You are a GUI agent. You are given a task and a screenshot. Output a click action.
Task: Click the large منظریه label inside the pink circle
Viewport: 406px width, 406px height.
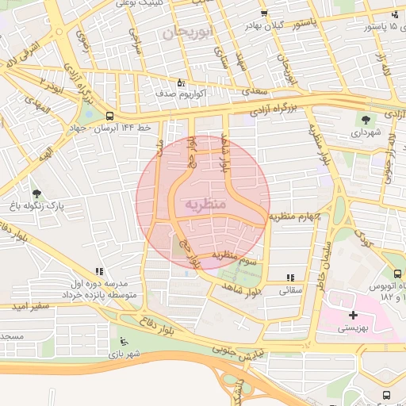click(x=205, y=205)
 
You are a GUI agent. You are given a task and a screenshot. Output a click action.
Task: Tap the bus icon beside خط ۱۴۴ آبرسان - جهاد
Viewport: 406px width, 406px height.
click(x=109, y=116)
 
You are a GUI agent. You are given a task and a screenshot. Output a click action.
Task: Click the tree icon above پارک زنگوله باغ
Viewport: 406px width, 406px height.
click(x=36, y=193)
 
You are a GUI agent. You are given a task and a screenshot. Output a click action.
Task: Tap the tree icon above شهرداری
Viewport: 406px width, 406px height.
click(x=366, y=121)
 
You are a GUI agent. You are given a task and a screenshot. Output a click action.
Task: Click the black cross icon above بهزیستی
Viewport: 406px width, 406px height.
click(x=353, y=315)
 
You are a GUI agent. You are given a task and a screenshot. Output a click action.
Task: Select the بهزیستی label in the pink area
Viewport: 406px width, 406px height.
click(x=353, y=327)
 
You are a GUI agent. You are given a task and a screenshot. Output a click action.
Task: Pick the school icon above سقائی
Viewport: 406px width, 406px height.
click(x=290, y=278)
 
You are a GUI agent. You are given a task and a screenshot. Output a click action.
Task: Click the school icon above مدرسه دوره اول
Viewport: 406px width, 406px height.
click(x=99, y=271)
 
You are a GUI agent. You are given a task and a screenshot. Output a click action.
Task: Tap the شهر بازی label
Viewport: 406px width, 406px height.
click(x=124, y=353)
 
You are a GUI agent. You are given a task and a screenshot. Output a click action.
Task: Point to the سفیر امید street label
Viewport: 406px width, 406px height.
click(x=31, y=305)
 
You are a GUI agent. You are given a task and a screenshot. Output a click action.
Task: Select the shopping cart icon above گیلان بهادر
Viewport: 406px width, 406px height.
click(x=264, y=13)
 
